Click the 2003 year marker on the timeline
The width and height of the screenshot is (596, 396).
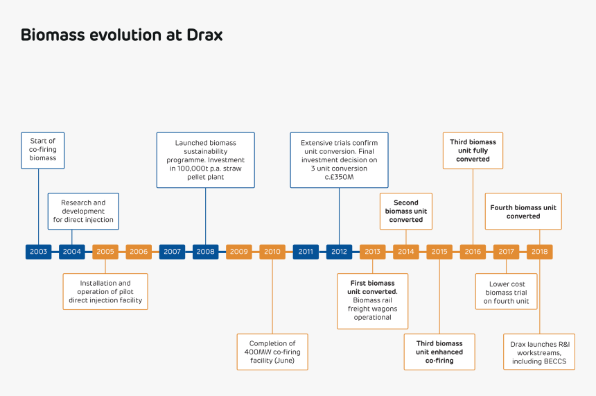pos(39,252)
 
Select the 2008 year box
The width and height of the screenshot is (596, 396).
pos(206,252)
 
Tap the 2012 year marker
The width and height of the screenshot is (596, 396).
pos(339,252)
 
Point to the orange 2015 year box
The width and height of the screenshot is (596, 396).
pos(439,252)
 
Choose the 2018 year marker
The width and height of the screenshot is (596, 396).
pos(539,252)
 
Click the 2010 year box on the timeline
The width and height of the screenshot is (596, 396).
pos(272,252)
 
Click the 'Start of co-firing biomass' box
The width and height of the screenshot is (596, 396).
pos(43,150)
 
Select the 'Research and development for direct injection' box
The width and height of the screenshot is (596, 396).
pos(83,212)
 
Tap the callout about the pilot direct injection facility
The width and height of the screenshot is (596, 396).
pos(105,291)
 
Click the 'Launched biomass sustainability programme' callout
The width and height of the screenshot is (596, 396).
pos(206,160)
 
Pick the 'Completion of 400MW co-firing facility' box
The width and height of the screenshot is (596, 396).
pos(272,352)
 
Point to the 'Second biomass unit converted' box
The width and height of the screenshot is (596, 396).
pos(406,212)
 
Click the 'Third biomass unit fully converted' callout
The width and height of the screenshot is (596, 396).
pos(473,150)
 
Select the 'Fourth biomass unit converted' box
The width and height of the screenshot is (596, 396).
pos(523,212)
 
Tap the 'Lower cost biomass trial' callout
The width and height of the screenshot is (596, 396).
pos(506,292)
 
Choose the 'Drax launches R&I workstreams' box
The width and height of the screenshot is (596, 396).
pos(538,352)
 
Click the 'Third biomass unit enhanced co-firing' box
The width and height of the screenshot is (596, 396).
pos(439,352)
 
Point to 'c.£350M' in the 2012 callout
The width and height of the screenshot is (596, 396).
pos(339,178)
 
